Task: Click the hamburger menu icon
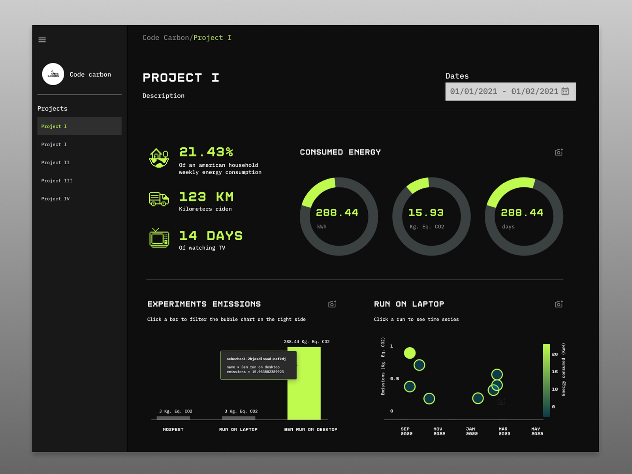42,40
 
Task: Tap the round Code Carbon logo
53,74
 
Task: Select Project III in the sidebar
56,181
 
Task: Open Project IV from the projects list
55,199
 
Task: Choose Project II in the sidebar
55,162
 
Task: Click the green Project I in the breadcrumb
212,38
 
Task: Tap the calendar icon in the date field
565,91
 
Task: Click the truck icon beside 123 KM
159,199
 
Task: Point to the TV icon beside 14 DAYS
159,238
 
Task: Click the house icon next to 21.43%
159,158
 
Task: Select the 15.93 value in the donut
426,213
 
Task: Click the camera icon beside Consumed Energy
559,152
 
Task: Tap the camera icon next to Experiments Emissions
332,304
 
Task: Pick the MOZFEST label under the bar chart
173,429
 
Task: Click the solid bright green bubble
410,353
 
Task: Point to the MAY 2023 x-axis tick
536,431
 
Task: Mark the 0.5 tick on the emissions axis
394,378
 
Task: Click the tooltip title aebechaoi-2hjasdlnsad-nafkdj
256,359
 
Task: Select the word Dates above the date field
457,76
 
